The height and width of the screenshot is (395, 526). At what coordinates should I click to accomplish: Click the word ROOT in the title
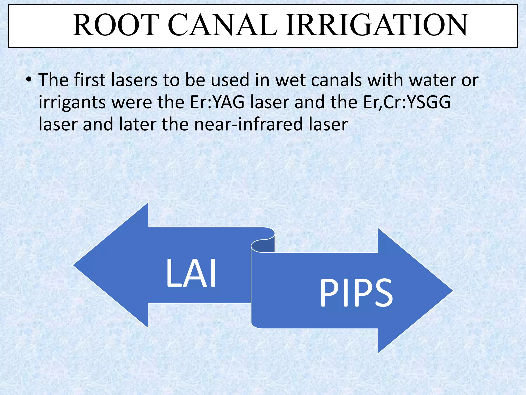(x=115, y=25)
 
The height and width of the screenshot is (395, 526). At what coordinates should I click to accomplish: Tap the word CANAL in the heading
(x=223, y=25)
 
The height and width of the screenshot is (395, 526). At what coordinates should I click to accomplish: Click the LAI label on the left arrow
(x=191, y=273)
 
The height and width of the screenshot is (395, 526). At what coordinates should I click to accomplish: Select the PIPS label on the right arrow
(x=356, y=293)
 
